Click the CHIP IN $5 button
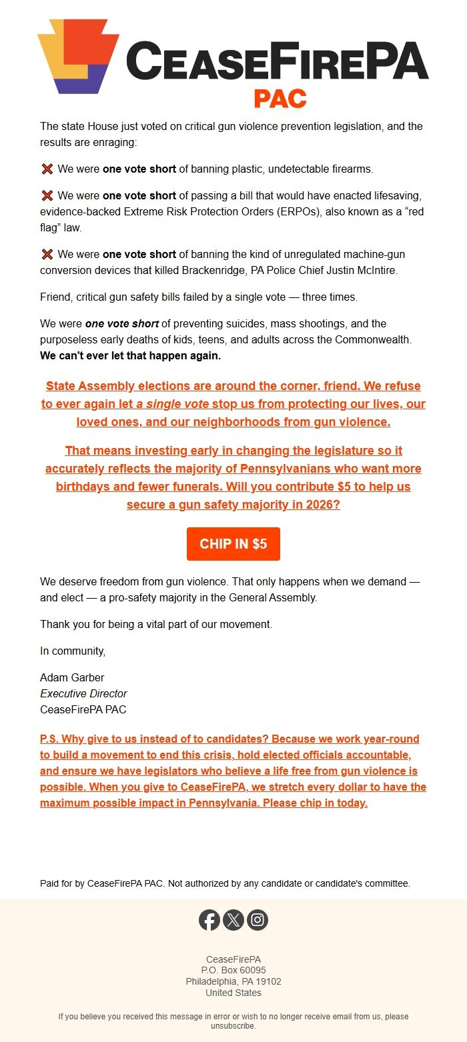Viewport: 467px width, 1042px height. (x=233, y=544)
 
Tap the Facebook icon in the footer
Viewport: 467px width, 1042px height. (x=209, y=920)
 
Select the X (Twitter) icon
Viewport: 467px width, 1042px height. (x=233, y=920)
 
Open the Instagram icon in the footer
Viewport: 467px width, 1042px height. (x=258, y=920)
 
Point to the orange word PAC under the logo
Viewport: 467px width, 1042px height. (x=280, y=99)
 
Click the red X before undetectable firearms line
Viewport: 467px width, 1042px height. (x=47, y=169)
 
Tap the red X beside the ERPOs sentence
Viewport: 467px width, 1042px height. (x=47, y=196)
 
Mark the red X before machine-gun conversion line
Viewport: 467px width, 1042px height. (x=47, y=255)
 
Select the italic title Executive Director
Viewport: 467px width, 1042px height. (x=83, y=693)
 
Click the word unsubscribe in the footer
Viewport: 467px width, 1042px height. (x=233, y=1026)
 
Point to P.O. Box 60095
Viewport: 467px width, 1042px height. (x=233, y=970)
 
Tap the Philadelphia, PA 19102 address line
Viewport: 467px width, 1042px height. (x=233, y=981)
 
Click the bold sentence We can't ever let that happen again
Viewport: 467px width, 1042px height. (x=130, y=355)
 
